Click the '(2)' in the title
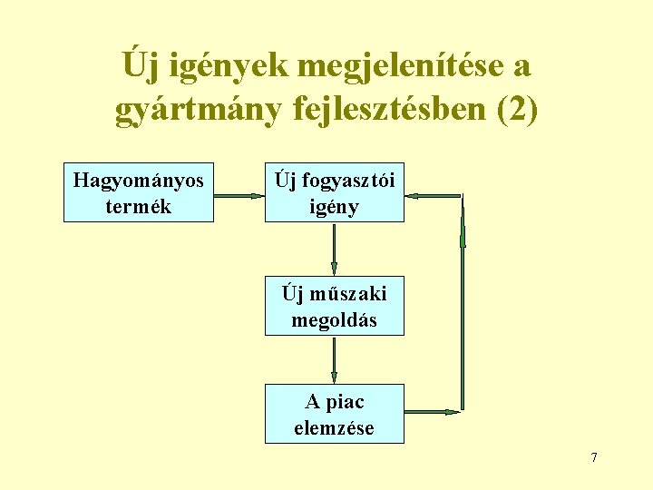click(x=514, y=110)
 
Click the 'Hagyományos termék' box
click(x=138, y=192)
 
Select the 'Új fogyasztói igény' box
click(x=334, y=192)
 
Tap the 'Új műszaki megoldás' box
click(x=334, y=307)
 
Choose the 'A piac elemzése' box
click(x=334, y=414)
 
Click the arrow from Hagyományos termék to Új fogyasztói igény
click(x=239, y=194)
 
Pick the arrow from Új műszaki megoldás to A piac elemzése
click(x=334, y=359)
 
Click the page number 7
click(x=594, y=457)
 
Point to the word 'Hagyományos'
click(x=138, y=180)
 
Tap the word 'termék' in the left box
click(x=138, y=206)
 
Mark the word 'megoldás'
click(x=334, y=320)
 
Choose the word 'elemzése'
click(x=334, y=427)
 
